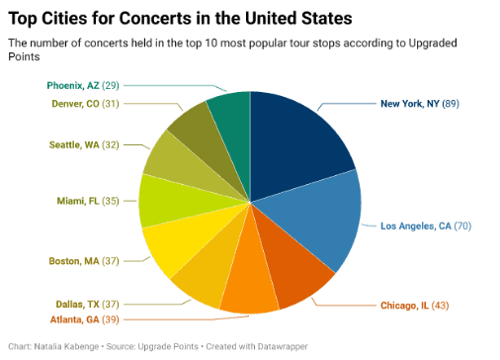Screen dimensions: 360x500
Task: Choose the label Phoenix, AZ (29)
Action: (87, 86)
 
